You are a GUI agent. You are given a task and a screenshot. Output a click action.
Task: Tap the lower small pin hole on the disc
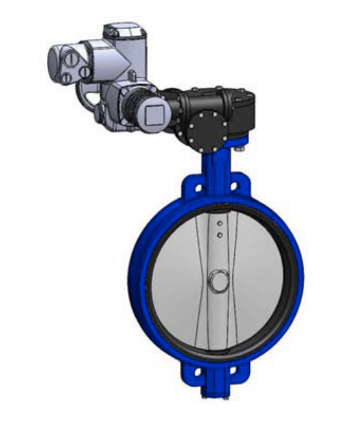pyautogui.click(x=219, y=235)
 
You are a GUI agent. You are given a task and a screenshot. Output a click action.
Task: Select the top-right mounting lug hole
pyautogui.click(x=236, y=184)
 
